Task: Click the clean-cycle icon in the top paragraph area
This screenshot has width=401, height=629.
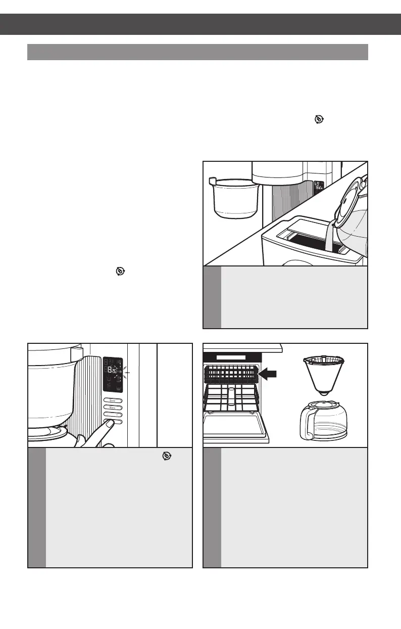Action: [x=319, y=119]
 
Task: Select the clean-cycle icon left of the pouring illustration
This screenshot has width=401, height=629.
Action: [x=120, y=271]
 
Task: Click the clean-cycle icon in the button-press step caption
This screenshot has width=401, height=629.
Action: [x=165, y=456]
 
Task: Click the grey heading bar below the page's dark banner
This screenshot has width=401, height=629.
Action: [x=197, y=52]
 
